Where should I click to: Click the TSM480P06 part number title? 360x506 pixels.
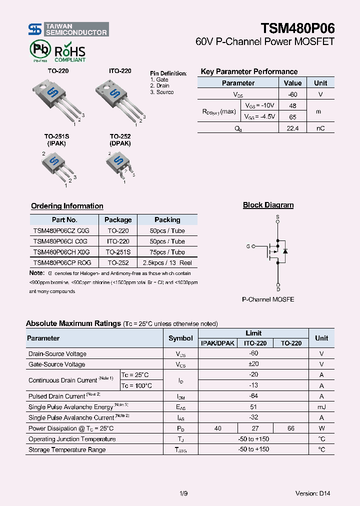[297, 28]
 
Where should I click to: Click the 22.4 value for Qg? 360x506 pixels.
[292, 128]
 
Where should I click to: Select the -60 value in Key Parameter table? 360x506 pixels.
[292, 94]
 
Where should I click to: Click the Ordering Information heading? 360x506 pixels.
[67, 206]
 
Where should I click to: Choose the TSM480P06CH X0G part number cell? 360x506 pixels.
[61, 252]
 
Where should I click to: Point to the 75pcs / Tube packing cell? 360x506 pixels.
[167, 252]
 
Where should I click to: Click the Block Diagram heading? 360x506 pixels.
[268, 205]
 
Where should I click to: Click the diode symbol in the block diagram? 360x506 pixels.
[285, 250]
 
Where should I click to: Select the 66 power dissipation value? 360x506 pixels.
[290, 428]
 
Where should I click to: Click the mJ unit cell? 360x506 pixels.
[321, 407]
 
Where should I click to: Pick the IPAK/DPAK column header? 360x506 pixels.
[217, 343]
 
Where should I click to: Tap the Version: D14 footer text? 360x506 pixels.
[312, 493]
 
